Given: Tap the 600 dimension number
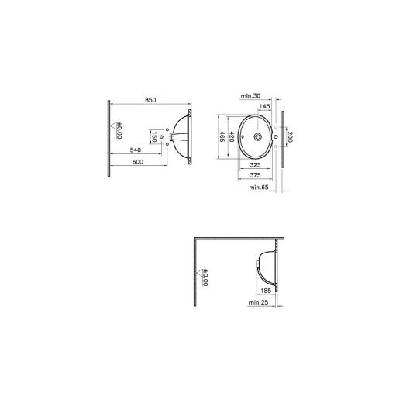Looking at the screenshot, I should pyautogui.click(x=137, y=161).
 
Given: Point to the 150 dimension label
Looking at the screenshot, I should pyautogui.click(x=153, y=138).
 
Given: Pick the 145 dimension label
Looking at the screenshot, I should pyautogui.click(x=264, y=106).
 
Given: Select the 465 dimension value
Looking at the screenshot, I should pyautogui.click(x=222, y=137).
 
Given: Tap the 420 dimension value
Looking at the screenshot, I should pyautogui.click(x=231, y=137).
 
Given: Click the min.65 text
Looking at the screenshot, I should pyautogui.click(x=258, y=187).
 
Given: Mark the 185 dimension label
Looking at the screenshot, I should pyautogui.click(x=266, y=290).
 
